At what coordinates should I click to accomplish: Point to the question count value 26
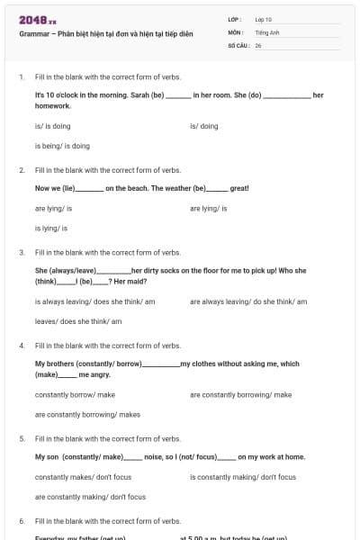tap(258, 44)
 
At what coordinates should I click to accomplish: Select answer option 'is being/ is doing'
tap(62, 146)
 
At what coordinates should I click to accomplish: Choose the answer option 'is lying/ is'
tap(51, 228)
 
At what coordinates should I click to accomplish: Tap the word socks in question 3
tap(173, 270)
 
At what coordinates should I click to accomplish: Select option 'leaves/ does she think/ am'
tap(78, 321)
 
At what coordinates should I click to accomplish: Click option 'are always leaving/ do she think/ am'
tap(248, 301)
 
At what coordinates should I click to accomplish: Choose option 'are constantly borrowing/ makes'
tap(87, 414)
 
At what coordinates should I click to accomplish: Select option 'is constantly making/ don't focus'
tap(243, 477)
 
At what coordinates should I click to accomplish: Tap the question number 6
tap(22, 521)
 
